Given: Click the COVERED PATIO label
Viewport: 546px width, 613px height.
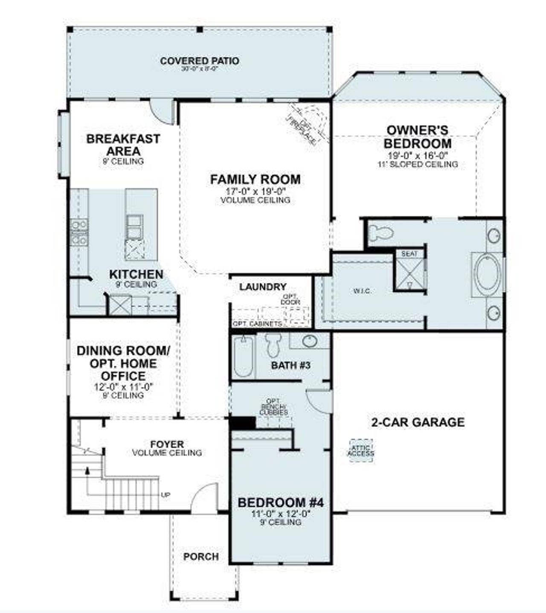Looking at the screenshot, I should tap(200, 61).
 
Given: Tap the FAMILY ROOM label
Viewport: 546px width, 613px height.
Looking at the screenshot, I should tap(255, 179).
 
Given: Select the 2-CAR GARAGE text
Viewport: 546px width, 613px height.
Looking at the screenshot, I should tap(418, 422).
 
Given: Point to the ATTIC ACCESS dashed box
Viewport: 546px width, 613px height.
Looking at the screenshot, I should tap(360, 451).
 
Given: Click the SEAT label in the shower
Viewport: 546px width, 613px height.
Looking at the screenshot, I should tap(409, 254).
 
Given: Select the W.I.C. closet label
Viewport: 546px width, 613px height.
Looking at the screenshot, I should tap(362, 291).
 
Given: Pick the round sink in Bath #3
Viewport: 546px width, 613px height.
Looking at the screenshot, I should tap(309, 341).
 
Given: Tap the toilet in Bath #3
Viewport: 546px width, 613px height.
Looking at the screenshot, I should tap(273, 345).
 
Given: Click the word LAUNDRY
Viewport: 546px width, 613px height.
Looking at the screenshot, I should tap(262, 287).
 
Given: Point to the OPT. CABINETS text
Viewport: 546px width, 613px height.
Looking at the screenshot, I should tap(257, 324).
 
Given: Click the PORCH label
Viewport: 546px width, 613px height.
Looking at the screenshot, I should tap(201, 557).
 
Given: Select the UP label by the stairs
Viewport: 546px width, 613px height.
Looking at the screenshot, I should tap(166, 495).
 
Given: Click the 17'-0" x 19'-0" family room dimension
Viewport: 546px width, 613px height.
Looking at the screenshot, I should tap(255, 192).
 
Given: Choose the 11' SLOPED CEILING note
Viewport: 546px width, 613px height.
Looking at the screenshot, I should tap(418, 164).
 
